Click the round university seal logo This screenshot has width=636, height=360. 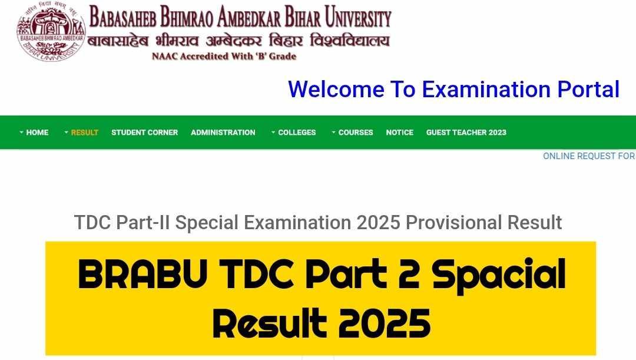pos(51,32)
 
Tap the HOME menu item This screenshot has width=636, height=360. pos(37,133)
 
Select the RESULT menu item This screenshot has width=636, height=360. pos(84,133)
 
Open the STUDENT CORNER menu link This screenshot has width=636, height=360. pos(144,133)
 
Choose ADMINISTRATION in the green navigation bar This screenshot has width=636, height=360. pos(223,133)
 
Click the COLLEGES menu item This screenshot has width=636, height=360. pos(296,133)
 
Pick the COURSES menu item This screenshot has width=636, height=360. pos(355,133)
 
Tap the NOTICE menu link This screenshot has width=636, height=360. pos(399,133)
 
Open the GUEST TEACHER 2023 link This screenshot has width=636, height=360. pos(466,133)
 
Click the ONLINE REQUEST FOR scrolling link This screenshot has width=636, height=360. pos(589,156)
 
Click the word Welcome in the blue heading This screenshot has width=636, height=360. pos(336,90)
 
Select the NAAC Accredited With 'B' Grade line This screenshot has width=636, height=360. pos(224,57)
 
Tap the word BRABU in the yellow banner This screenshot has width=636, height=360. pos(143,275)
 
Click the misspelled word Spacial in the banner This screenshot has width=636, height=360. pos(498,275)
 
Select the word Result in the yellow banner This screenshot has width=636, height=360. pos(269,323)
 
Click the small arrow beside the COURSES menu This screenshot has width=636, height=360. pos(333,132)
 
